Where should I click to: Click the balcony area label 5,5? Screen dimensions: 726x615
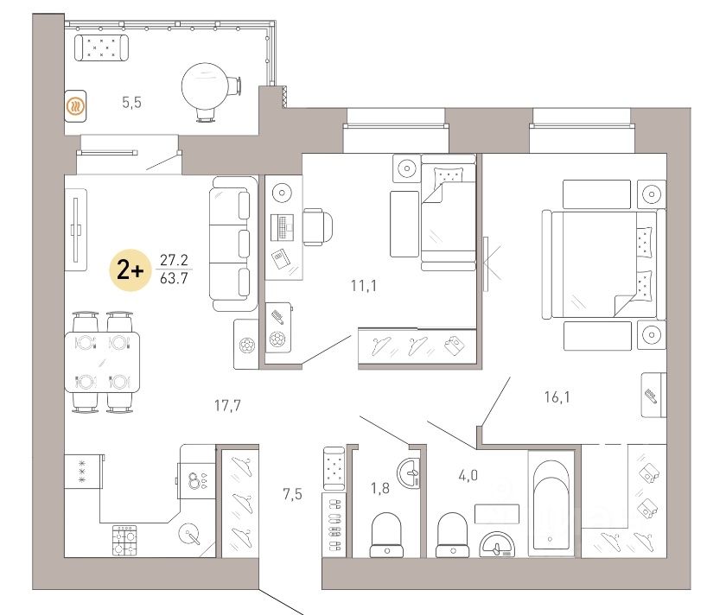tap(131, 102)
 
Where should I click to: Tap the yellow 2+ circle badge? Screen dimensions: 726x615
tap(131, 270)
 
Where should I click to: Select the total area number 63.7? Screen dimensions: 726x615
tap(174, 279)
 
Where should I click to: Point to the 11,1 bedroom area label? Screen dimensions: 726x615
tap(364, 286)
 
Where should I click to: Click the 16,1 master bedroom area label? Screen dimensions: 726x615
tap(557, 397)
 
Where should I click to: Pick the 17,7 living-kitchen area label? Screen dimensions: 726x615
tap(227, 406)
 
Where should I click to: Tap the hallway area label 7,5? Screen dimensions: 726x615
tap(292, 494)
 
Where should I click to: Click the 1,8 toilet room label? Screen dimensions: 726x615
tap(379, 488)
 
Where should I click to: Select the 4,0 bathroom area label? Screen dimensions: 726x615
tap(468, 475)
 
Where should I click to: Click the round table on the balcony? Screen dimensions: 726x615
tap(204, 86)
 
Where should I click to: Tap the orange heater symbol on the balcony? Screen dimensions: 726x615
tap(75, 106)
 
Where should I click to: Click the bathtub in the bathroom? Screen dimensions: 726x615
tap(551, 504)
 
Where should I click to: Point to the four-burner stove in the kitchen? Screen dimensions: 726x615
tap(124, 540)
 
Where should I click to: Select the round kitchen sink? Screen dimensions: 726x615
tap(190, 534)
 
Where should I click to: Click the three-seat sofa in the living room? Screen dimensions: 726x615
tap(233, 244)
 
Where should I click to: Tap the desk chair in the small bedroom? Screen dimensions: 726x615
tap(318, 226)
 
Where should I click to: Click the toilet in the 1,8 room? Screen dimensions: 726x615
tap(386, 535)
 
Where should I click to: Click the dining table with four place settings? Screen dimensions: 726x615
tap(102, 362)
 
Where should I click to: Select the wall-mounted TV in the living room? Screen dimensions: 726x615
tap(76, 230)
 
